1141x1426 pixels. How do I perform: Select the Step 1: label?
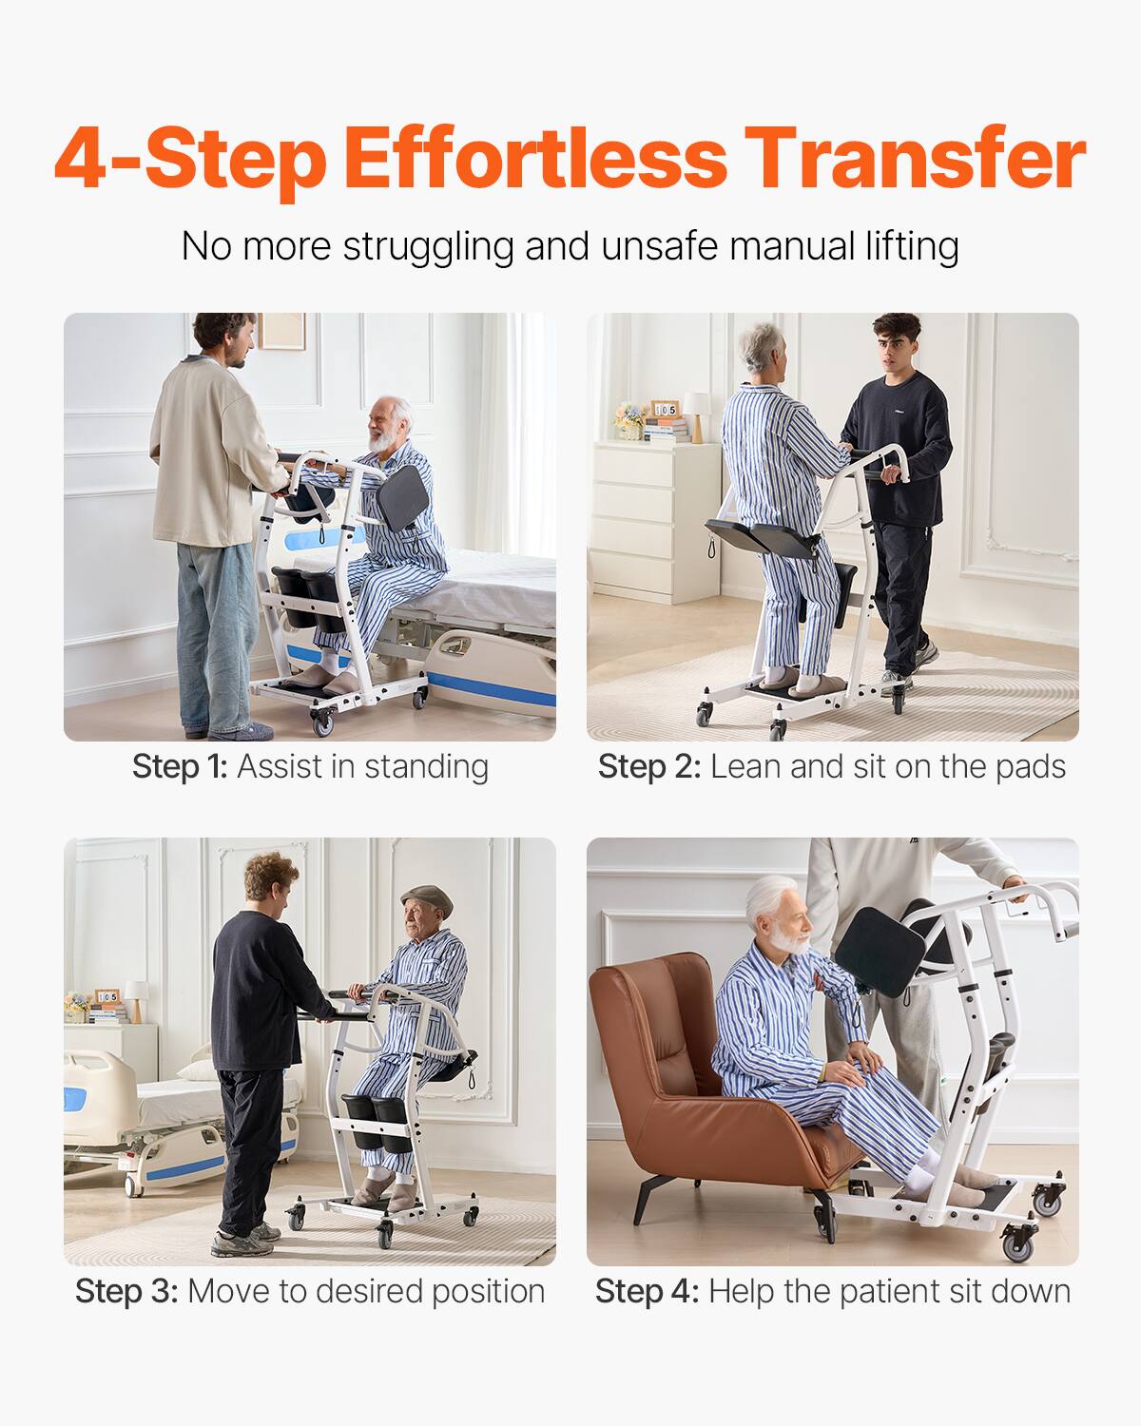coord(180,766)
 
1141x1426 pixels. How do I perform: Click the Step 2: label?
coord(648,766)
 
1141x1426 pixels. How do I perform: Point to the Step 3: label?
coord(126,1291)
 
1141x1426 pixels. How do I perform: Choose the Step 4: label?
coord(647,1291)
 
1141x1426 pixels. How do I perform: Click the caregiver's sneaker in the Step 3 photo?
coord(238,1242)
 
